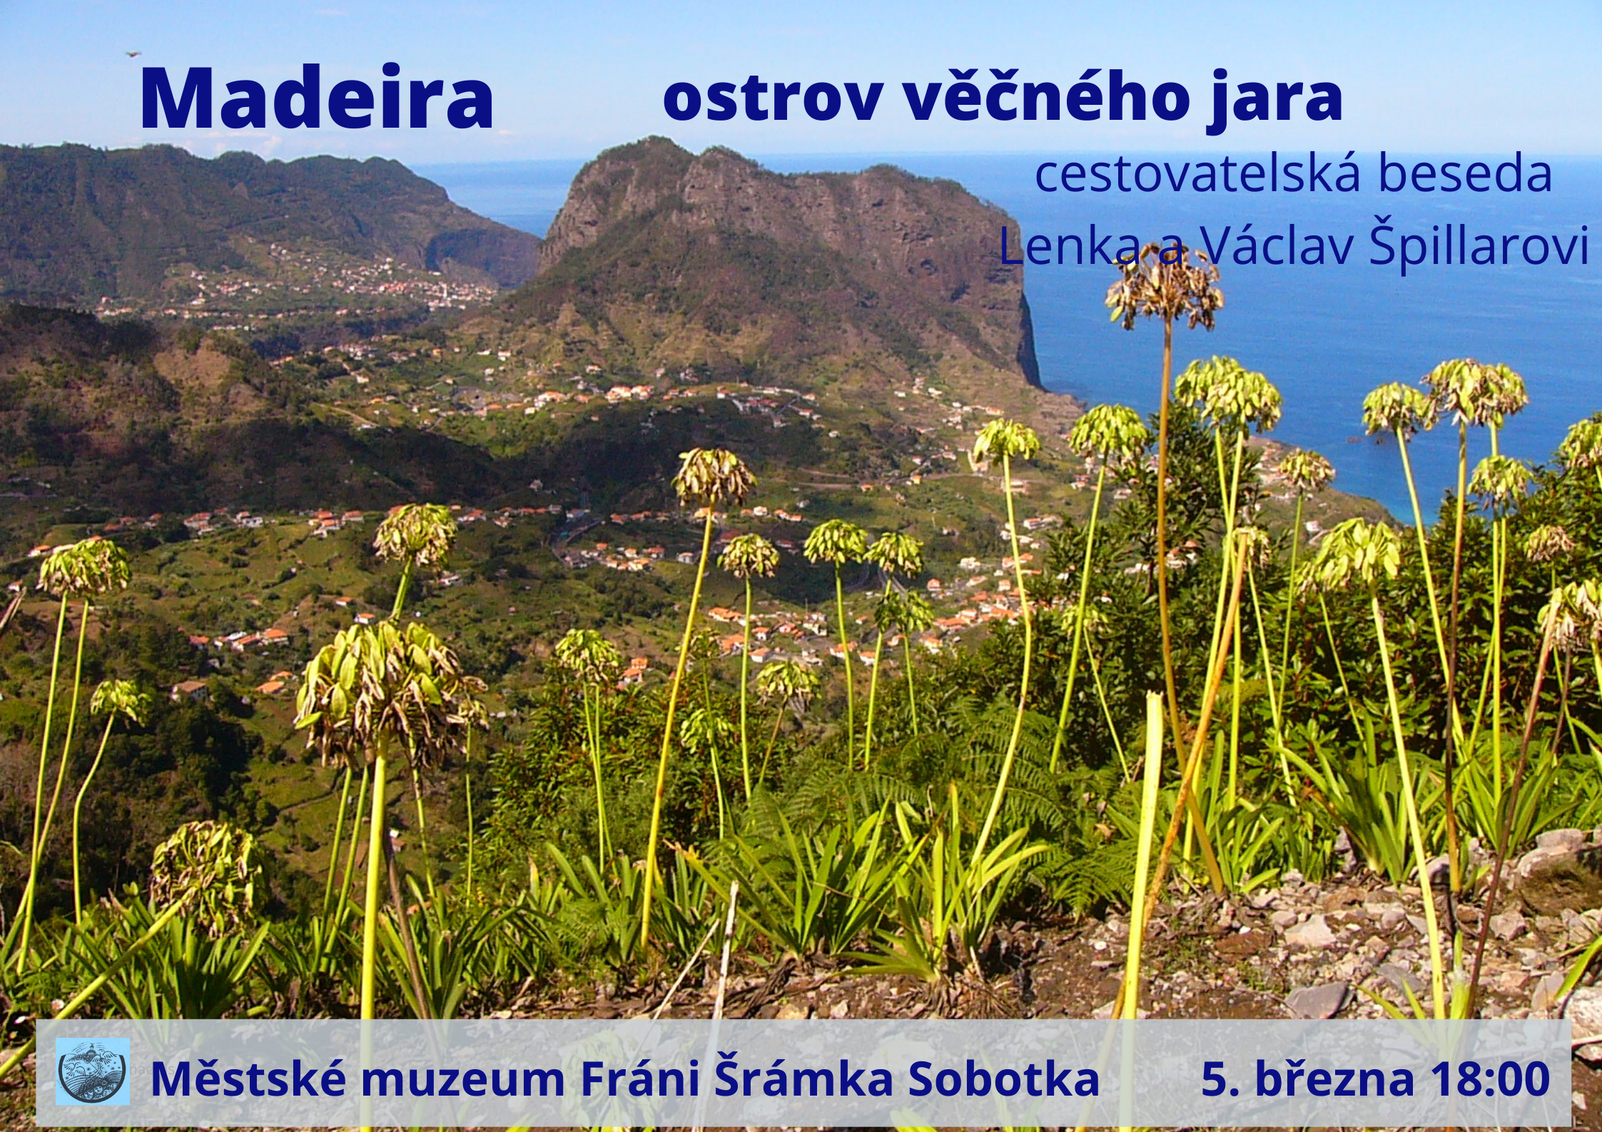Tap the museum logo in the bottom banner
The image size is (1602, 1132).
[x=93, y=1071]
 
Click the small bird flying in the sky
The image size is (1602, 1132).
[x=133, y=53]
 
